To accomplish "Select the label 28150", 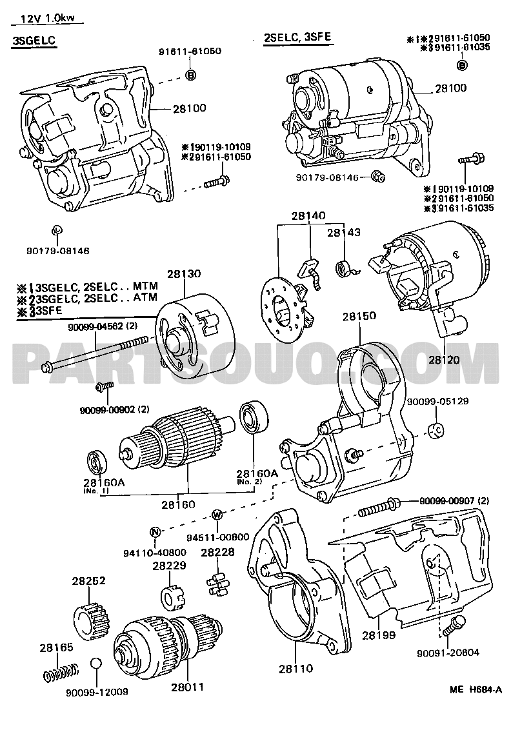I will (359, 317).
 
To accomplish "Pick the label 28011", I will (187, 687).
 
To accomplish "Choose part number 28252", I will (87, 581).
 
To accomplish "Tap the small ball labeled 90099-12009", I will (95, 664).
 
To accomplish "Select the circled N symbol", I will (155, 532).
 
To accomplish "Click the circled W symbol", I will (217, 514).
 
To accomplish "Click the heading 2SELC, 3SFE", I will (297, 37).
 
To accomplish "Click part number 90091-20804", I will (452, 652).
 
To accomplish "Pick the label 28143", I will (343, 233).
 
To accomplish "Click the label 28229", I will (170, 566).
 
